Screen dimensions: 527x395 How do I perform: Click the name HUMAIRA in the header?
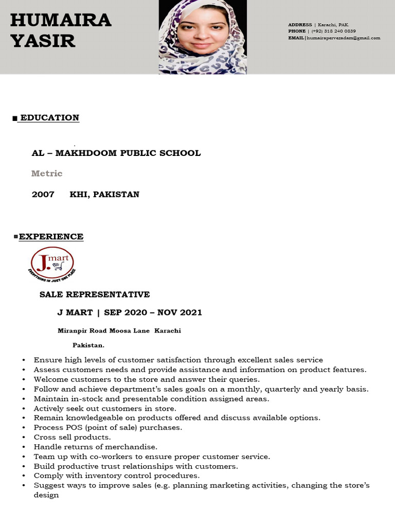(x=61, y=20)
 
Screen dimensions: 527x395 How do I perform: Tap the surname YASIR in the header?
(x=43, y=41)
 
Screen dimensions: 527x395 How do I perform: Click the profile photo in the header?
(x=202, y=37)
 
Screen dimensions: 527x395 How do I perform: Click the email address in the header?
(x=343, y=38)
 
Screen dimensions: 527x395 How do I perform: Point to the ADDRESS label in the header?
(x=300, y=25)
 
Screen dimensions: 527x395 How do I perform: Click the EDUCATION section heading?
(x=49, y=117)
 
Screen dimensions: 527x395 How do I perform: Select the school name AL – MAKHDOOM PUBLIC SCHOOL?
(x=116, y=153)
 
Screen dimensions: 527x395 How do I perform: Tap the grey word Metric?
(x=47, y=173)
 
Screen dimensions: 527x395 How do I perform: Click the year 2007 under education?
(x=43, y=195)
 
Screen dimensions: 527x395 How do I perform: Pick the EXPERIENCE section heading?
(x=51, y=237)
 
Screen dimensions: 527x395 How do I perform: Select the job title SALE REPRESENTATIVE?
(x=95, y=294)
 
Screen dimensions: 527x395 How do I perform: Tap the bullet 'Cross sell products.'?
(x=72, y=437)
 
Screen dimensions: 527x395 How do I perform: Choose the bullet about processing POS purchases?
(x=108, y=427)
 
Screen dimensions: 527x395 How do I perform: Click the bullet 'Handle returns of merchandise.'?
(x=96, y=447)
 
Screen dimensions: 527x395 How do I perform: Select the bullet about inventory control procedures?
(x=117, y=476)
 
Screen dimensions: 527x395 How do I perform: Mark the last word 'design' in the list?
(x=46, y=495)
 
